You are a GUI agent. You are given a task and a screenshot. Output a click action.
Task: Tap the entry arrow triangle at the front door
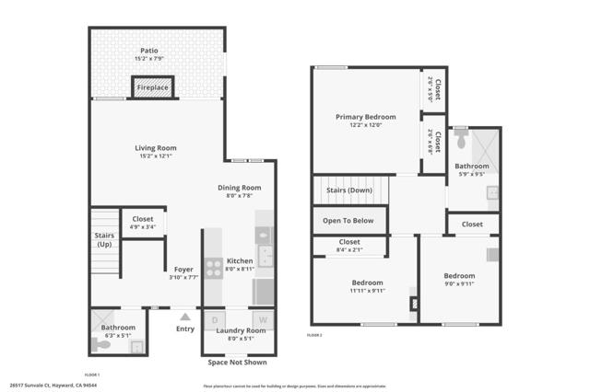coord(185,317)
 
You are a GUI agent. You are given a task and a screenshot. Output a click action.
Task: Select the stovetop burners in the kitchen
coord(212,267)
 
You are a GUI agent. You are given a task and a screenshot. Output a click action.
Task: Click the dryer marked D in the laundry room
coord(215,319)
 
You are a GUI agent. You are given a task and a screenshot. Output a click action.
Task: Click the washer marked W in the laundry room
coord(262,319)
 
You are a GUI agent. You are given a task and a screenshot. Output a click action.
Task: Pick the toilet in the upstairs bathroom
coord(460,143)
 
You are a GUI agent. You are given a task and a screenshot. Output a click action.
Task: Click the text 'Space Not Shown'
coord(237,363)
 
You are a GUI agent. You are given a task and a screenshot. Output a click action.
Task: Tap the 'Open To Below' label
coord(348,221)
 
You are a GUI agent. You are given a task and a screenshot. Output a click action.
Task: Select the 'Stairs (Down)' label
coord(348,190)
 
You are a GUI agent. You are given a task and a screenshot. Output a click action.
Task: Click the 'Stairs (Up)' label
coord(104,239)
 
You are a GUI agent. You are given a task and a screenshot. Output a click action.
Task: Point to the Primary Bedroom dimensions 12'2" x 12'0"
coord(365,126)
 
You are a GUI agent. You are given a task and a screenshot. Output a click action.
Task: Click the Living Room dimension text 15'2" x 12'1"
coord(156,156)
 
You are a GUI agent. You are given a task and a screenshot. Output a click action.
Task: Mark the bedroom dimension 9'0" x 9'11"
coord(458,284)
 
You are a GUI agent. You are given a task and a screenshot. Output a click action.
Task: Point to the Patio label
coord(149,52)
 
